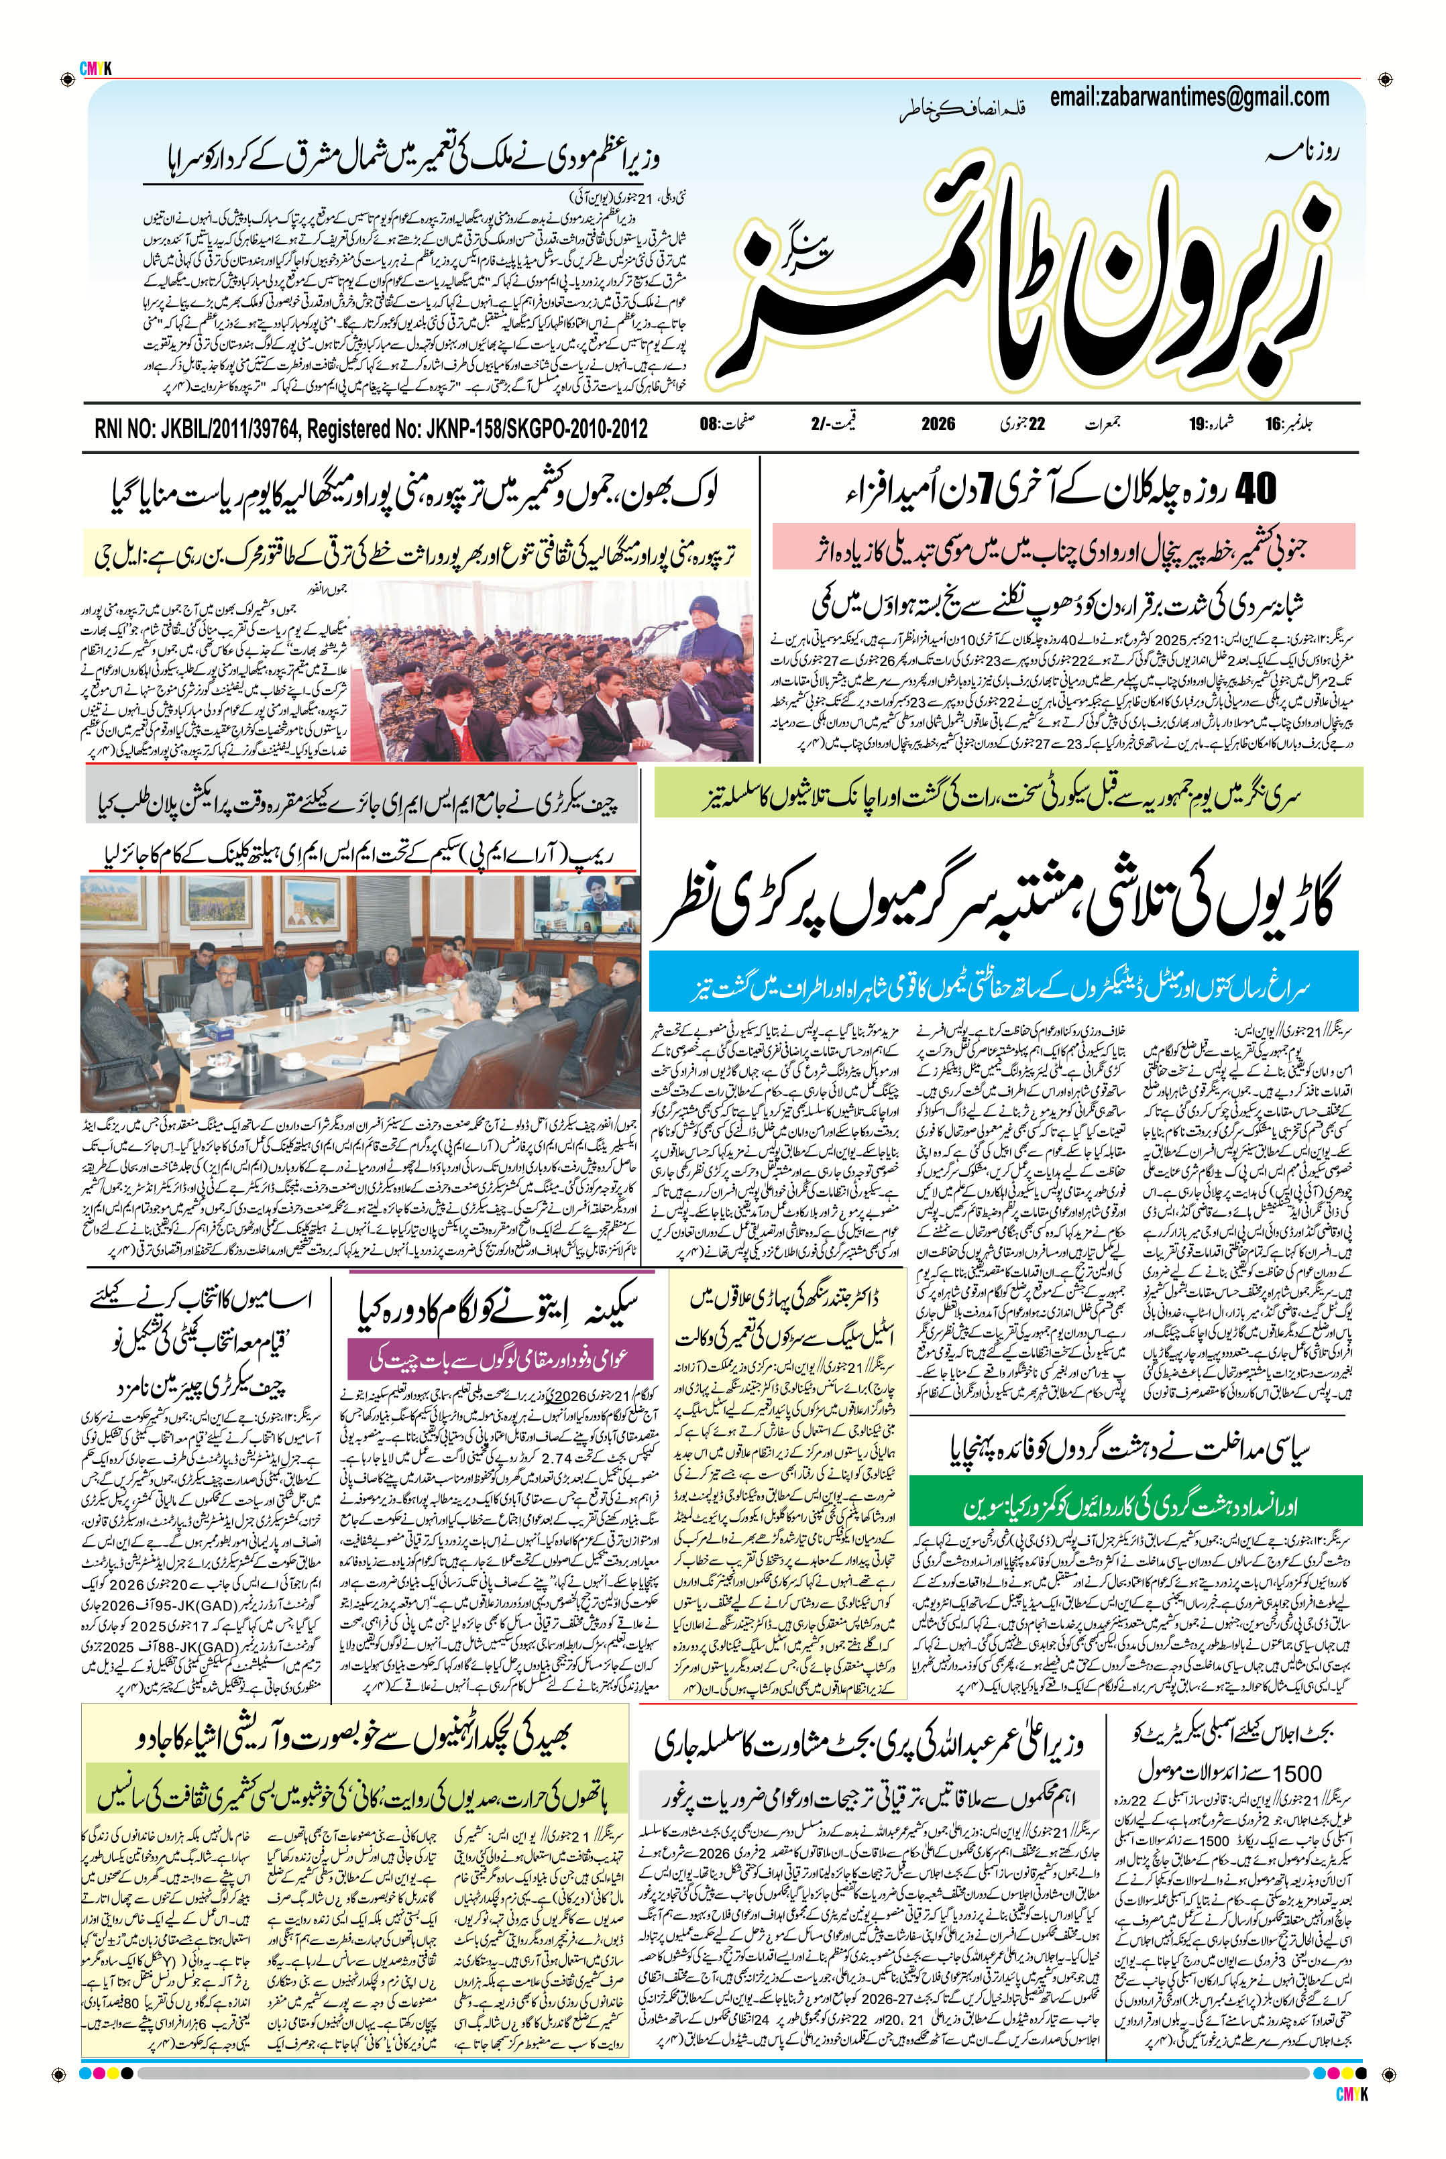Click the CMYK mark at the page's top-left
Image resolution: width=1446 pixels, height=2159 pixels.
tap(95, 68)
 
